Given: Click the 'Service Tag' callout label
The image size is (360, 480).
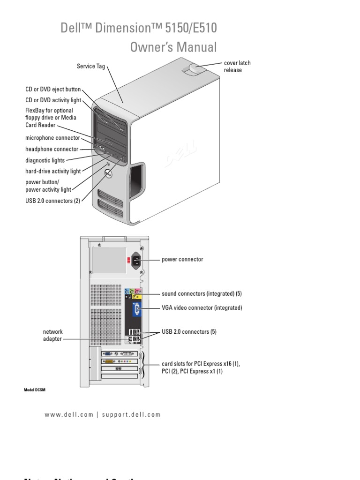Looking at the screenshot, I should click(x=91, y=67).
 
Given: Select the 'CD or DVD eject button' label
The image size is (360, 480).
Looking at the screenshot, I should click(x=53, y=89).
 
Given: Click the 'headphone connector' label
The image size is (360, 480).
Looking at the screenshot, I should click(x=52, y=149).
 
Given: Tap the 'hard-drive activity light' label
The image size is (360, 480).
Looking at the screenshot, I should click(x=53, y=172).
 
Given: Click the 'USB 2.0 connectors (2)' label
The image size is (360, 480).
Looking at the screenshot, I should click(x=53, y=201).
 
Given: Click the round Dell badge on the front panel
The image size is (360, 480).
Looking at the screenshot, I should click(x=107, y=173).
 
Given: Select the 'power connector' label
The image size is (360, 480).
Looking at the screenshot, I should click(x=182, y=259).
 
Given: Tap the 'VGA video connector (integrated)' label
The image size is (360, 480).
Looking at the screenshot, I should click(x=202, y=308).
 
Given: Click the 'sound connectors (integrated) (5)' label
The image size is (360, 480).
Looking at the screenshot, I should click(x=202, y=294).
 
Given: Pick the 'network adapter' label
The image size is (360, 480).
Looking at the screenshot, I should click(x=52, y=335).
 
